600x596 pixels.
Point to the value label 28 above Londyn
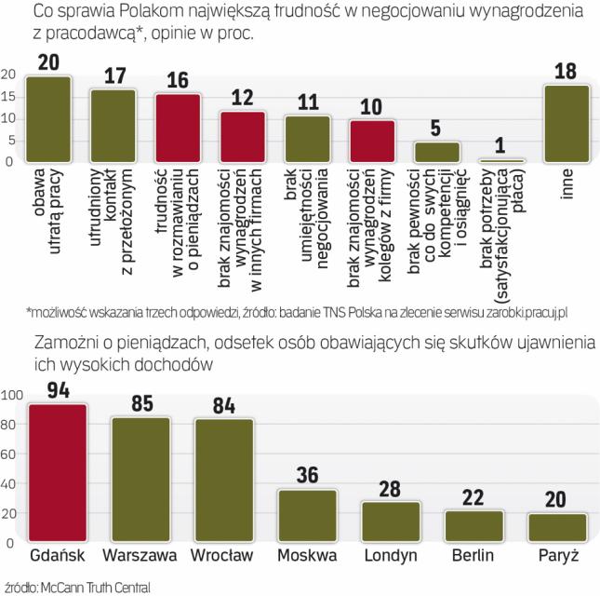coord(390,487)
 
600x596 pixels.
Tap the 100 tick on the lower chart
coord(12,395)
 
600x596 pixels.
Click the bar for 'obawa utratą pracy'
coord(48,119)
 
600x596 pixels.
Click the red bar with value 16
coord(178,129)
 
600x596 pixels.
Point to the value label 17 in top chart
coord(113,74)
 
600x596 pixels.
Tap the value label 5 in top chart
coord(437,127)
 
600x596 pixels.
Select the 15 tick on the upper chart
coord(7,97)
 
